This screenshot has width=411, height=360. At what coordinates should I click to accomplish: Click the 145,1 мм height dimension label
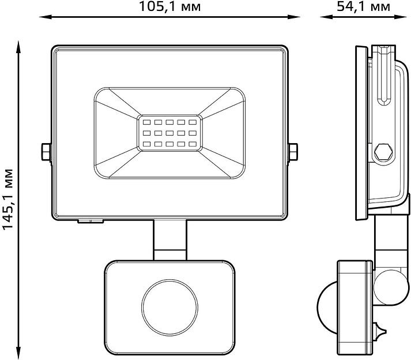(8, 198)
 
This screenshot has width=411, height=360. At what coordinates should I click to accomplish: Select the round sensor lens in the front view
(169, 304)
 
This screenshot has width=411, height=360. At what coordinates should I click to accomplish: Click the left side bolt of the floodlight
(46, 152)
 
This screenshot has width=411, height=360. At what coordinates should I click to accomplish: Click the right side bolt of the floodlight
(292, 152)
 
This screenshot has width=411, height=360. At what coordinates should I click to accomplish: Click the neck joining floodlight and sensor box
(170, 239)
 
